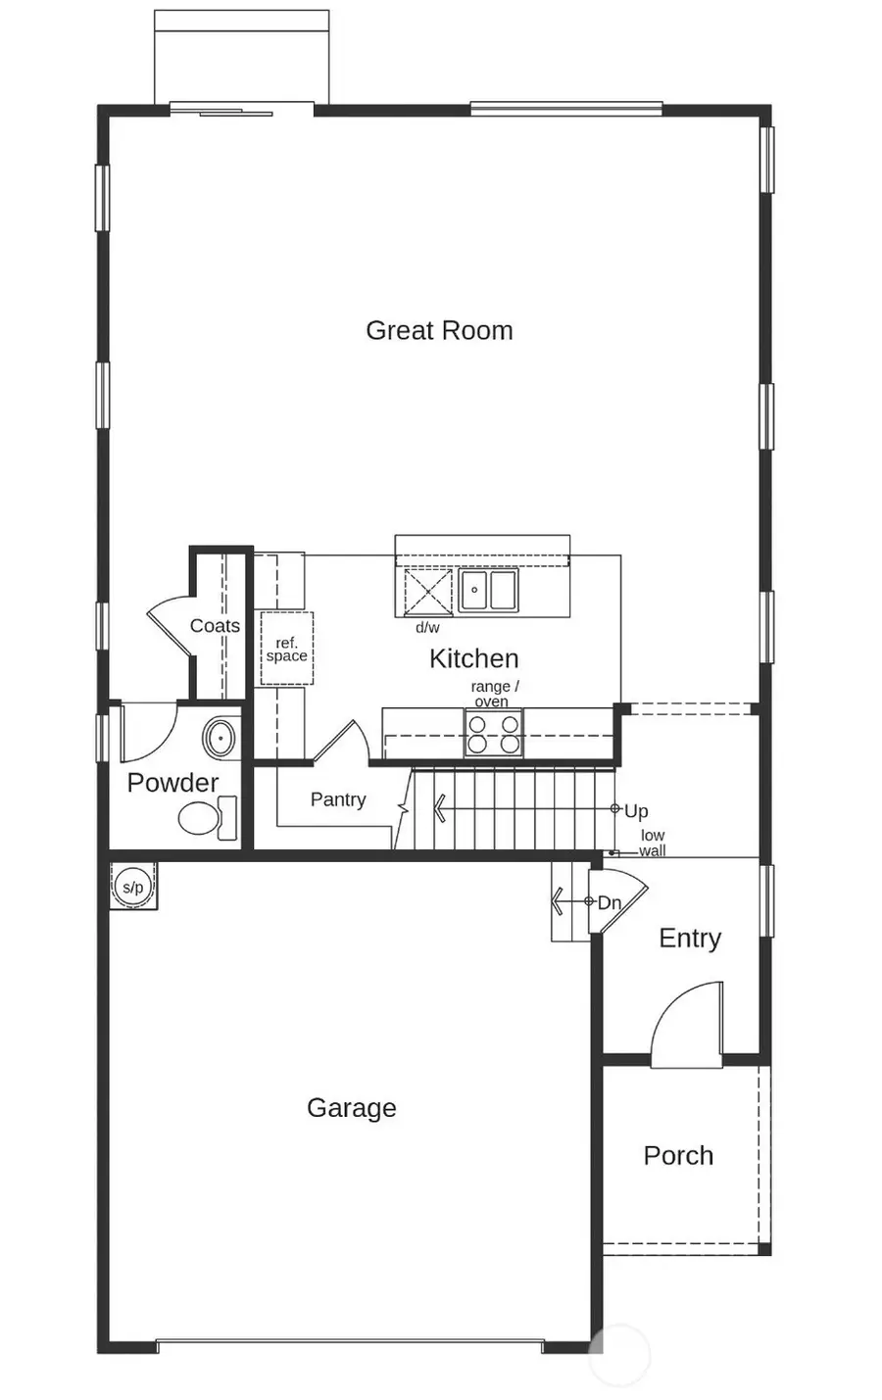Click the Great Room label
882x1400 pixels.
(x=439, y=330)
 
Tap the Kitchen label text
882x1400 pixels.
(x=473, y=658)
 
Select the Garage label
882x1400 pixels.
(x=351, y=1108)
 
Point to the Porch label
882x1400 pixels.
(x=678, y=1155)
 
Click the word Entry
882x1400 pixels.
(x=690, y=939)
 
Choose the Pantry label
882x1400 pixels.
(x=338, y=799)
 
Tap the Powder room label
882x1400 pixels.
(x=172, y=783)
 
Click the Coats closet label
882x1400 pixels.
(x=215, y=625)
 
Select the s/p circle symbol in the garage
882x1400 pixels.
(x=132, y=888)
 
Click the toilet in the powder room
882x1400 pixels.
(x=206, y=818)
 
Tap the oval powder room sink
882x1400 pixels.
(x=221, y=737)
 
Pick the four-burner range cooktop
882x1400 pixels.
(x=493, y=734)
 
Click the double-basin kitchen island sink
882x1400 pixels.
(x=488, y=591)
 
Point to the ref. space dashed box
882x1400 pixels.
(x=286, y=650)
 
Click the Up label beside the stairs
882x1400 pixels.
(x=636, y=811)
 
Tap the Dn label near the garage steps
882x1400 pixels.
(x=610, y=902)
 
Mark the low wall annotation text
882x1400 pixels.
(x=653, y=844)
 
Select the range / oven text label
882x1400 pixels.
(x=494, y=694)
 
